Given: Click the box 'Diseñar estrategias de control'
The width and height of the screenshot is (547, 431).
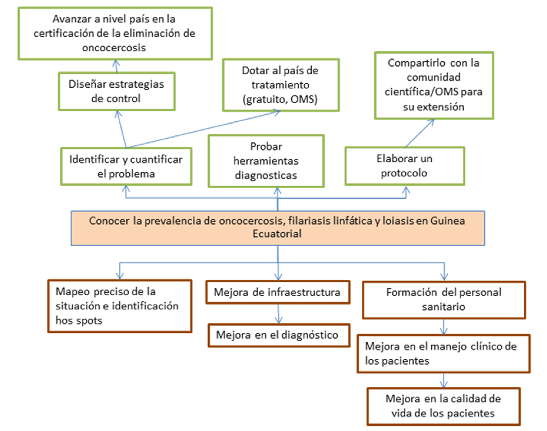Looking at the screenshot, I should coord(117,91).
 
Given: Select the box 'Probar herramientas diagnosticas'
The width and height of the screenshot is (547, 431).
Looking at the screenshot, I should coord(266,161).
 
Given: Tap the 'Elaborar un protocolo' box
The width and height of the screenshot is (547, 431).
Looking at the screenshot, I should coord(405,166).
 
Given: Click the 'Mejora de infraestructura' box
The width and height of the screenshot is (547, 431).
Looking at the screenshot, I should coord(277,292).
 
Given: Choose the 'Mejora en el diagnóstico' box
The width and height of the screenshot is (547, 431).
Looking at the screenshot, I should coord(279,335).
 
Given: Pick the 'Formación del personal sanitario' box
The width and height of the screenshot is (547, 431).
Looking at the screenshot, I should coord(444,300).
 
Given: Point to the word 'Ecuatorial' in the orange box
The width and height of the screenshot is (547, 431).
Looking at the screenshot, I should coord(277,234).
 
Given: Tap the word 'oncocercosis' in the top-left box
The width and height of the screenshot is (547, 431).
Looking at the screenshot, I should coord(114,48).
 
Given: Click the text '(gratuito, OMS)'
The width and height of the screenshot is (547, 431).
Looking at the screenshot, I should coord(280,99).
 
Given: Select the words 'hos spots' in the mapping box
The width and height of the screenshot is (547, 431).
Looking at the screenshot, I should coord(79,321).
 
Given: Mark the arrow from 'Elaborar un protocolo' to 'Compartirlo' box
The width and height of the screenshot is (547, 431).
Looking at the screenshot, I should coord(419,134).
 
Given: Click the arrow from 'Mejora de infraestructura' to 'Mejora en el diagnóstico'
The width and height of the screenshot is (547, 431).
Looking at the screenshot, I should coord(278,314).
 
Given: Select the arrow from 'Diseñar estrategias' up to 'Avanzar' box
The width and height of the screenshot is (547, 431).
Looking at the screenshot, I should coord(116,66).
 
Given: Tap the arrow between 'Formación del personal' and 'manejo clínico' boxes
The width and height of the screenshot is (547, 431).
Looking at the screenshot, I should coord(444,327).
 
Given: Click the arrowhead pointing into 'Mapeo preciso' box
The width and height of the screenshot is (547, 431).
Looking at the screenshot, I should coord(120,275).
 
